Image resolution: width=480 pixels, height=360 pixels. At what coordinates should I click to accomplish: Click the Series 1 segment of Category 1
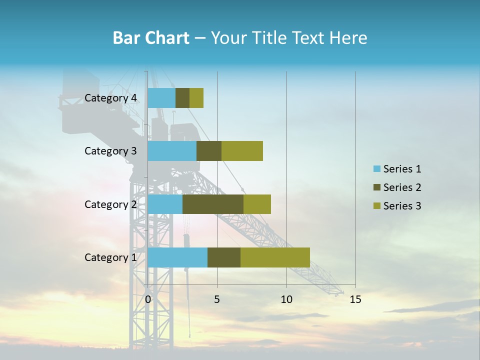pyautogui.click(x=177, y=257)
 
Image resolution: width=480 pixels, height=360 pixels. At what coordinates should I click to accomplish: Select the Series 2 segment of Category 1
pyautogui.click(x=224, y=257)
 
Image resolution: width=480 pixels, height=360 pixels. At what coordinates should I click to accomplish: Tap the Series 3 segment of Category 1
pyautogui.click(x=275, y=257)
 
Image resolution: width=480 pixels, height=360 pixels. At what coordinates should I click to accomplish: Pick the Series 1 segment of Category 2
pyautogui.click(x=165, y=204)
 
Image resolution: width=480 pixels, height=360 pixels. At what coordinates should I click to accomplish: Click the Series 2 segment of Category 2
pyautogui.click(x=213, y=204)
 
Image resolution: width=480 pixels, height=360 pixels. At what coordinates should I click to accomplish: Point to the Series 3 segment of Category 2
pyautogui.click(x=257, y=204)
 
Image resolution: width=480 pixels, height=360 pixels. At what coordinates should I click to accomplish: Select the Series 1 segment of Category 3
pyautogui.click(x=172, y=151)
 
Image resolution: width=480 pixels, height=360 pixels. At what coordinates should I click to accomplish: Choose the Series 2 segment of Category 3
pyautogui.click(x=209, y=151)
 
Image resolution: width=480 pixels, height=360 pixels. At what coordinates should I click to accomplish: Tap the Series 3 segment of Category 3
pyautogui.click(x=242, y=151)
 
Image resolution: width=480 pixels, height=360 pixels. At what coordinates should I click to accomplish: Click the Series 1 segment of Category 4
pyautogui.click(x=161, y=98)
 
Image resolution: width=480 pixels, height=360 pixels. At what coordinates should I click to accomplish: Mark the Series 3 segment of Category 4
pyautogui.click(x=196, y=98)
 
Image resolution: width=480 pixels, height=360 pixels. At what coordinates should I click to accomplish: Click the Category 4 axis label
pyautogui.click(x=110, y=98)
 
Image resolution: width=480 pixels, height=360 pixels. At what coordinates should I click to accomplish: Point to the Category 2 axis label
pyautogui.click(x=110, y=204)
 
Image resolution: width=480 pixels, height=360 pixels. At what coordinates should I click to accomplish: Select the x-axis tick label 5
pyautogui.click(x=217, y=299)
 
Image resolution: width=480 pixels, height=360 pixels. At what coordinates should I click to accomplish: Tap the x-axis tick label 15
pyautogui.click(x=355, y=299)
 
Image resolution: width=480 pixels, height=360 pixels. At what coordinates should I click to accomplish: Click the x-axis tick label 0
pyautogui.click(x=148, y=299)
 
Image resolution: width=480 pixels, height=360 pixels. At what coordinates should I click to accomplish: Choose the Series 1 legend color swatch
pyautogui.click(x=377, y=169)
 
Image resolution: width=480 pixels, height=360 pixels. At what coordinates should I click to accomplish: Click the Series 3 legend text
pyautogui.click(x=402, y=206)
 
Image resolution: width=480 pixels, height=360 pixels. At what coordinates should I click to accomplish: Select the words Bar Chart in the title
pyautogui.click(x=151, y=38)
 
